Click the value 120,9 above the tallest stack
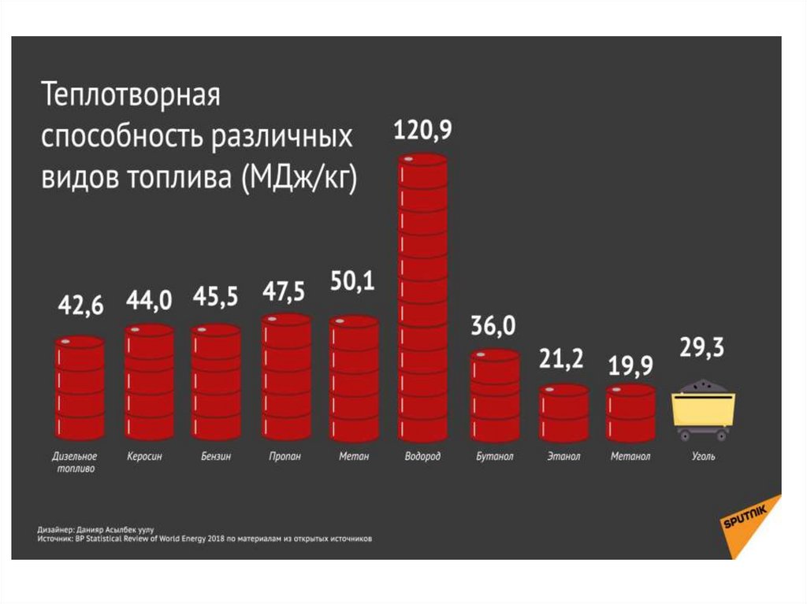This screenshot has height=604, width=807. click(422, 131)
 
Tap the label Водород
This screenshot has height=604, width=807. click(422, 456)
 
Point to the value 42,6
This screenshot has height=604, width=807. click(79, 306)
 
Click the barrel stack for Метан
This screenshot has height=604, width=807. click(354, 378)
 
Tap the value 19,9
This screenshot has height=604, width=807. click(630, 365)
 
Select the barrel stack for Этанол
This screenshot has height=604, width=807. click(563, 413)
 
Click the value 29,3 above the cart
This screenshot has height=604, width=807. click(702, 348)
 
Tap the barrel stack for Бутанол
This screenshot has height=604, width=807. click(495, 395)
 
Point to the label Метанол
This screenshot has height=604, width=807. click(630, 456)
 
